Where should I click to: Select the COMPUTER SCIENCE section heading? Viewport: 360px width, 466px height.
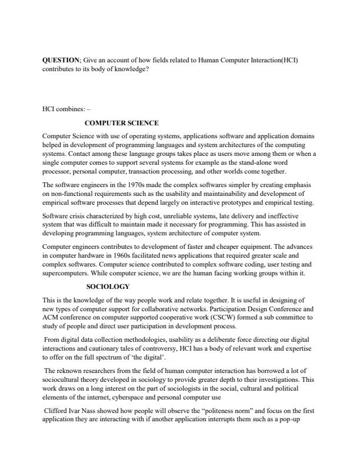click(122, 123)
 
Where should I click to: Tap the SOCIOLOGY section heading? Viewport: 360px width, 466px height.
click(108, 287)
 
